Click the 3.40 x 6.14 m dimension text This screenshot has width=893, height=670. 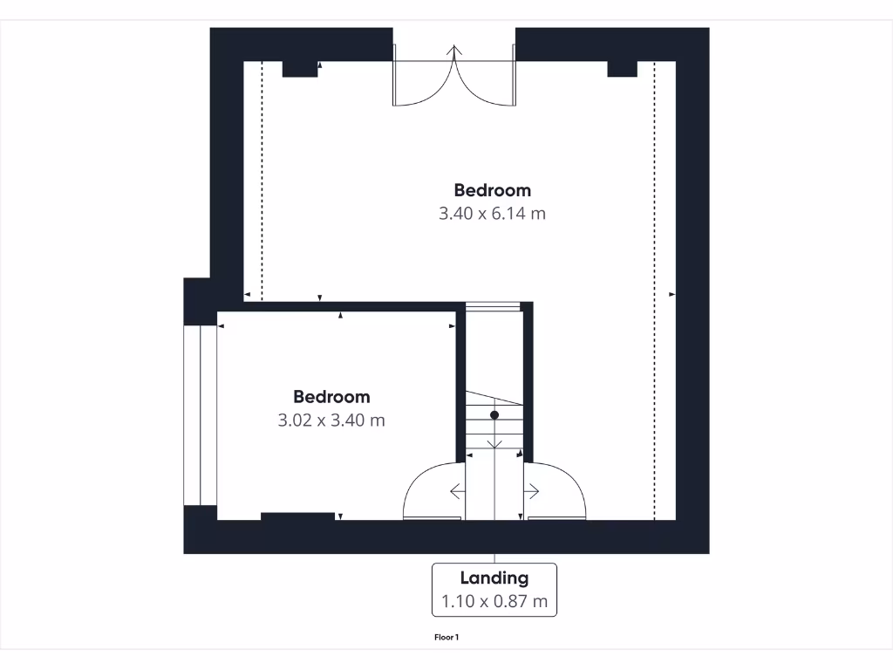click(x=492, y=213)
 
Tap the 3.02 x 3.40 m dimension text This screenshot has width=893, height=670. click(x=331, y=420)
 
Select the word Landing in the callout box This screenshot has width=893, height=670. click(x=494, y=578)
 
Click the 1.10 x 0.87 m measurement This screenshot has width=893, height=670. click(x=494, y=601)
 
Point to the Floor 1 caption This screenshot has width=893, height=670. click(x=446, y=638)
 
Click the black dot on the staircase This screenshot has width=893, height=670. click(x=494, y=415)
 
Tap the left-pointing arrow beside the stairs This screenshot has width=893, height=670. click(x=457, y=492)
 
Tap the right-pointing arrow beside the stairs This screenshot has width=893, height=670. click(x=532, y=492)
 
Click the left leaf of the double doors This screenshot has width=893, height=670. click(x=423, y=84)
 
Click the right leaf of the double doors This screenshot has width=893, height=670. click(x=485, y=84)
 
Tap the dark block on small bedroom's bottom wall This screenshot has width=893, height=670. click(x=297, y=516)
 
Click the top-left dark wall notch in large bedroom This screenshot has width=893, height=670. click(x=299, y=70)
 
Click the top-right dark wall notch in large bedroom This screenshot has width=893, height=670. click(x=622, y=70)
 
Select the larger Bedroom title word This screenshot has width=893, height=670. click(x=492, y=190)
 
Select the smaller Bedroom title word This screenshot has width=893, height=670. click(x=331, y=397)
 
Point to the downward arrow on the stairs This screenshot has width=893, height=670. click(x=494, y=443)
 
